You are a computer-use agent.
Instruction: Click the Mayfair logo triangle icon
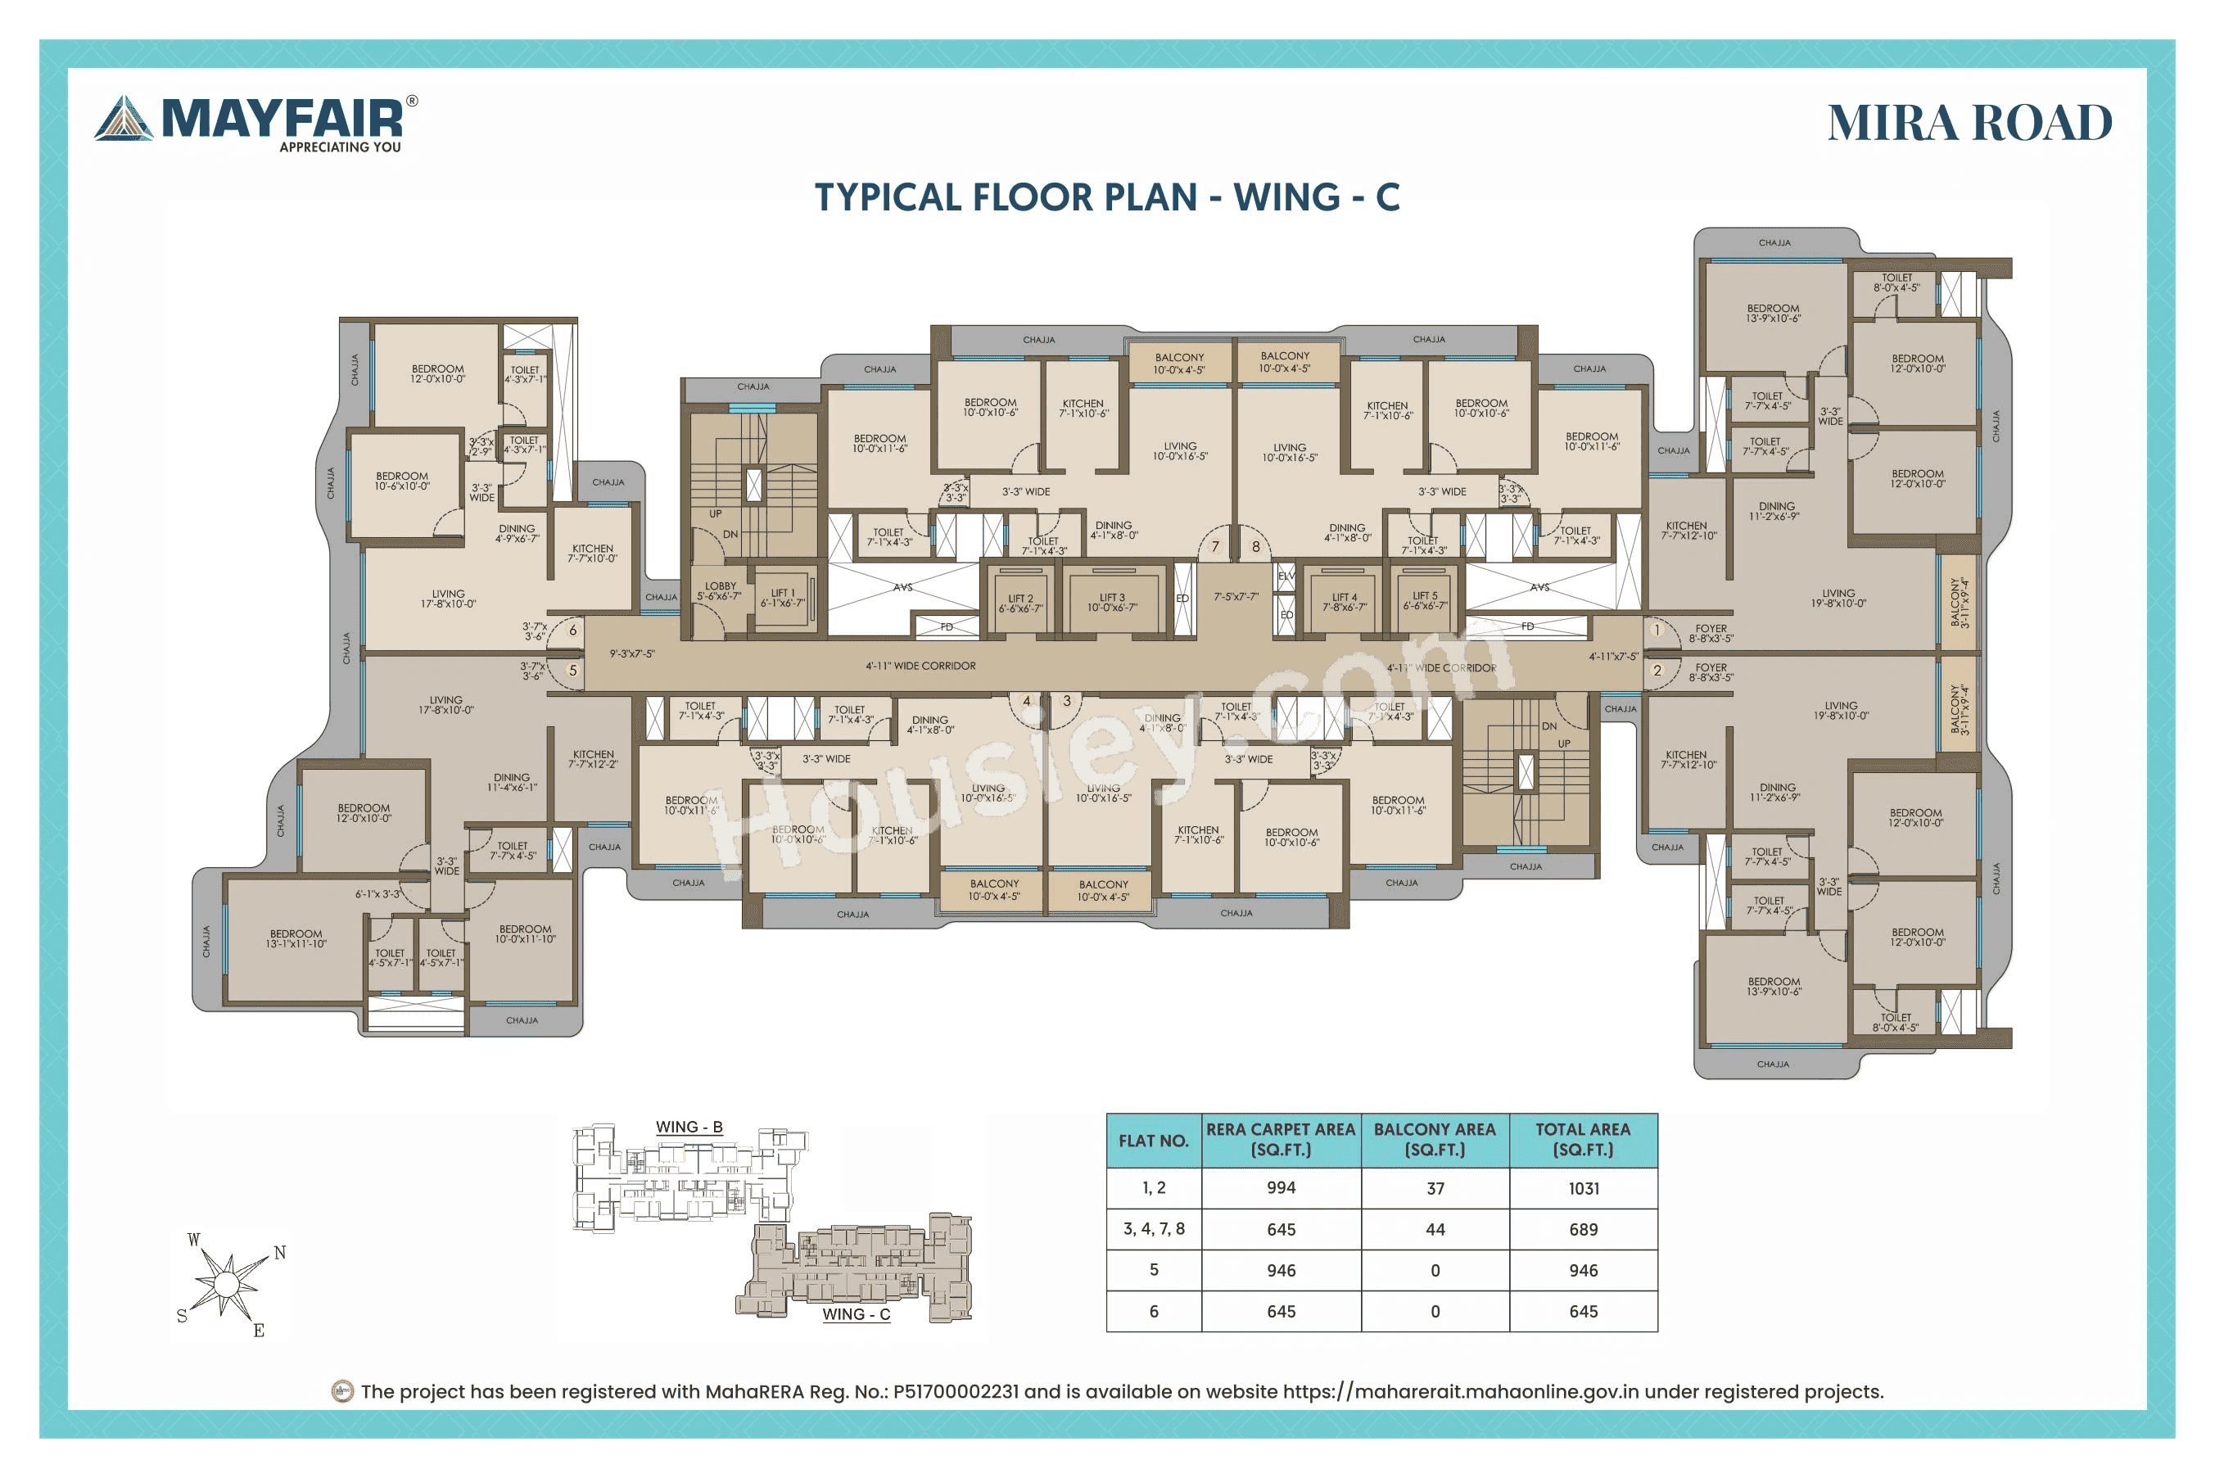[124, 120]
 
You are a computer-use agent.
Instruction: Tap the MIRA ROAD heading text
[1969, 124]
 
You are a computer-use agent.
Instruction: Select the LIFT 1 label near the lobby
[782, 598]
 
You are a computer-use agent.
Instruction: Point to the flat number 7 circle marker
[1215, 547]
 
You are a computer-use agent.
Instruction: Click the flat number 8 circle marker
[1255, 547]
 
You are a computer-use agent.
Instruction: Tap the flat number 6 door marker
[572, 630]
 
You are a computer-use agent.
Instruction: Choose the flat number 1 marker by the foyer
[1656, 630]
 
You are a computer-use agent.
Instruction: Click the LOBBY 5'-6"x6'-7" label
[719, 591]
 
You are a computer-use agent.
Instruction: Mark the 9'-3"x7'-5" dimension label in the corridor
[631, 653]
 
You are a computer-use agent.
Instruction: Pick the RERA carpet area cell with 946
[1281, 1271]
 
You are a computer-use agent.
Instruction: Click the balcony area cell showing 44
[1435, 1229]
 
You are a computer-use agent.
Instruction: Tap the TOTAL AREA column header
[1583, 1140]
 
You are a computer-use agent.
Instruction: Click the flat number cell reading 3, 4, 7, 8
[1154, 1229]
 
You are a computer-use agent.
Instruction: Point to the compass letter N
[280, 1253]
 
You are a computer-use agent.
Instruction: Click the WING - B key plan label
[689, 1127]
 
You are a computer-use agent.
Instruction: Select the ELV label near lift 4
[1286, 575]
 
